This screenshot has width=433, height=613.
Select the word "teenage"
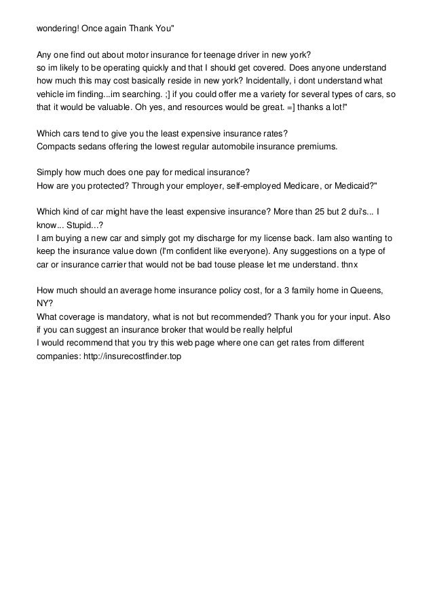225,55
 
